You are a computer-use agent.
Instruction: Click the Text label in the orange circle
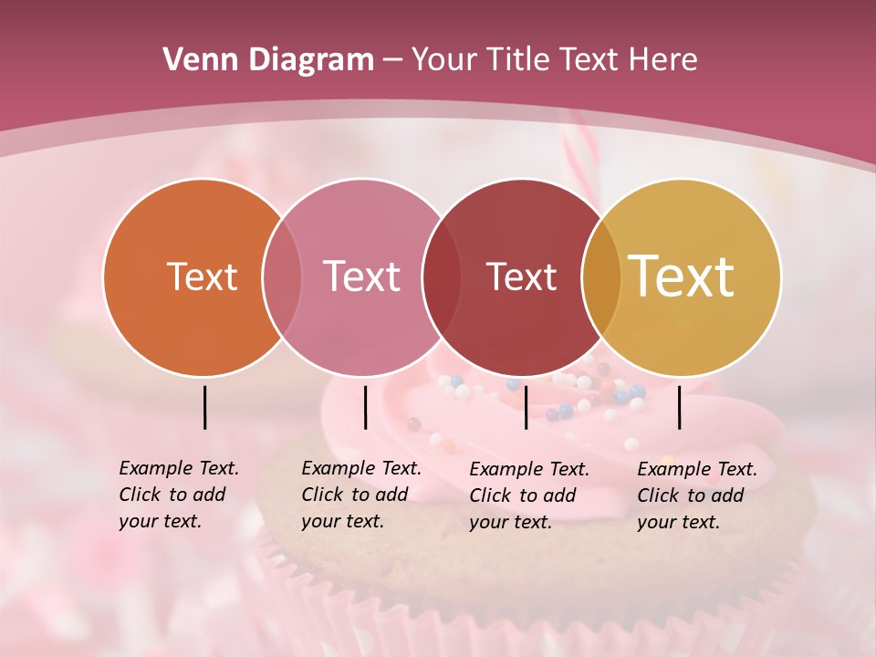tap(202, 277)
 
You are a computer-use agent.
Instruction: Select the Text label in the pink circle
tap(361, 277)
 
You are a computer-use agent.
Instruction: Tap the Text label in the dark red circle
tap(521, 277)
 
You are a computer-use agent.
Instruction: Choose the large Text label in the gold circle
tap(682, 276)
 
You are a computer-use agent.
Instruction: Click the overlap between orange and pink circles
tap(282, 277)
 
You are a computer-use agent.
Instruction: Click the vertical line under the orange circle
tap(204, 407)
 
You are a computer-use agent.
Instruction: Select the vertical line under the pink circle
tap(365, 407)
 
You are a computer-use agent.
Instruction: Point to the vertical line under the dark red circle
tap(526, 407)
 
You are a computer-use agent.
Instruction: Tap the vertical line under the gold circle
tap(679, 407)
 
